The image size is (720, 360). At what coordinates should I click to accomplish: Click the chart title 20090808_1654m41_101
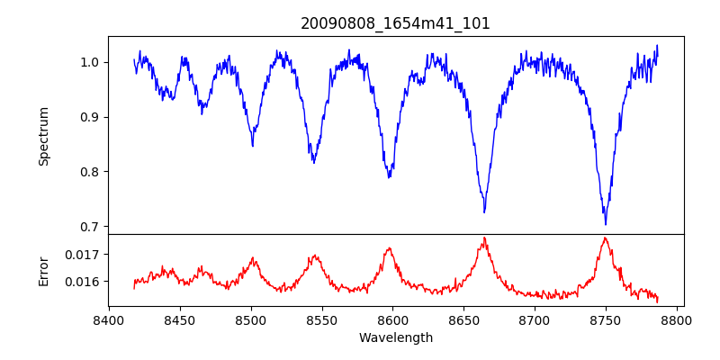point(395,23)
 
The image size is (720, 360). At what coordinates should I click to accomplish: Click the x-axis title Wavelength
point(395,337)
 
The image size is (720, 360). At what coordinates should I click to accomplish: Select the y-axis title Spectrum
point(43,136)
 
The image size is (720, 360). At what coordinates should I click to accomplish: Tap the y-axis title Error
point(43,270)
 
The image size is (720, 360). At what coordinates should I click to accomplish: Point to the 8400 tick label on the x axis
point(109,319)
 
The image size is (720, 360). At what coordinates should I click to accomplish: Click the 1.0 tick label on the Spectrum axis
point(90,62)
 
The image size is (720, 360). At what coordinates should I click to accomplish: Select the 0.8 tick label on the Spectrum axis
point(90,172)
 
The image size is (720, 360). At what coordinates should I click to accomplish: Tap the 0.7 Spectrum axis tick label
point(90,227)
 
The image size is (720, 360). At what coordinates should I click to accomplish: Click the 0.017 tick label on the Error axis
point(84,255)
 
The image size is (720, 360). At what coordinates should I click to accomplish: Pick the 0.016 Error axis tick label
point(84,282)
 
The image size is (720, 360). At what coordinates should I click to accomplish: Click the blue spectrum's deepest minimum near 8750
point(605,224)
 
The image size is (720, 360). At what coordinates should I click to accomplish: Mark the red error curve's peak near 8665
point(484,238)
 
